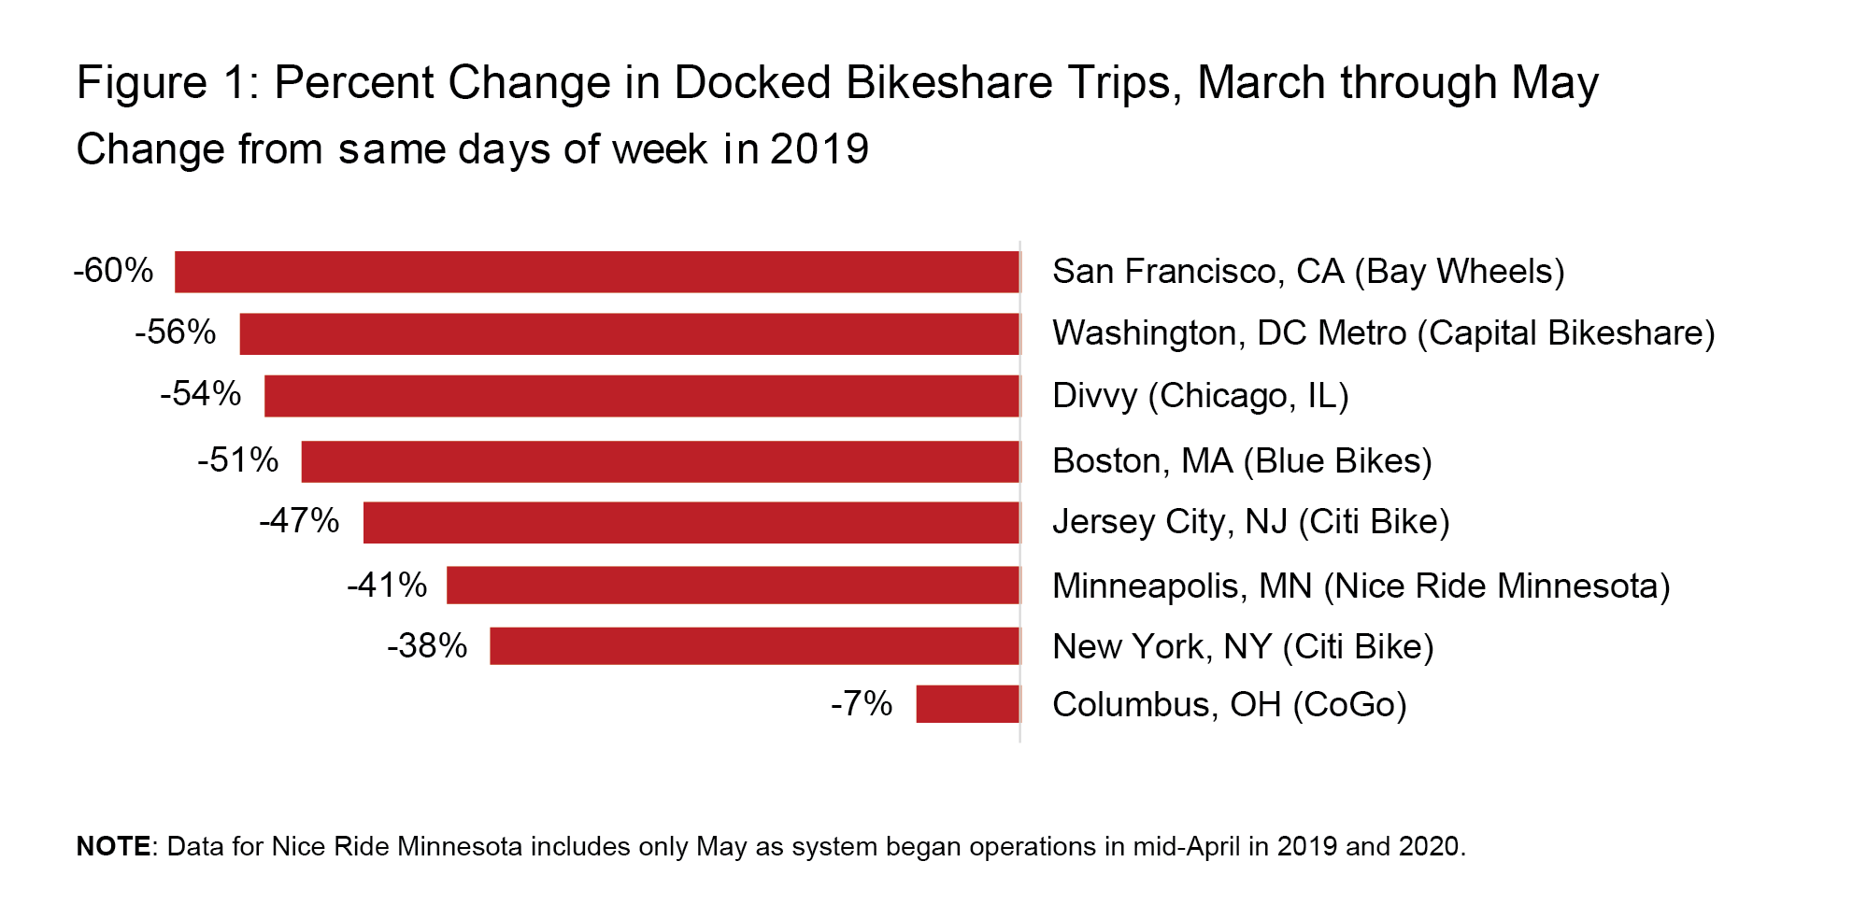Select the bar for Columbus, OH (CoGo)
967,704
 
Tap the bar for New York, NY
754,646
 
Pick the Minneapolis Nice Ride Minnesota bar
733,586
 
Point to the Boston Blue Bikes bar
660,461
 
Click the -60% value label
113,271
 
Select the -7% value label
861,704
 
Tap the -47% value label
299,521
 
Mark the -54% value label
200,394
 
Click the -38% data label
427,646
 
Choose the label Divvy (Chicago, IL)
1200,396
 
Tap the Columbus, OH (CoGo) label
1229,705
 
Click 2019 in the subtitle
819,149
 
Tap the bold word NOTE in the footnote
113,846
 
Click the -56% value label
175,332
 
